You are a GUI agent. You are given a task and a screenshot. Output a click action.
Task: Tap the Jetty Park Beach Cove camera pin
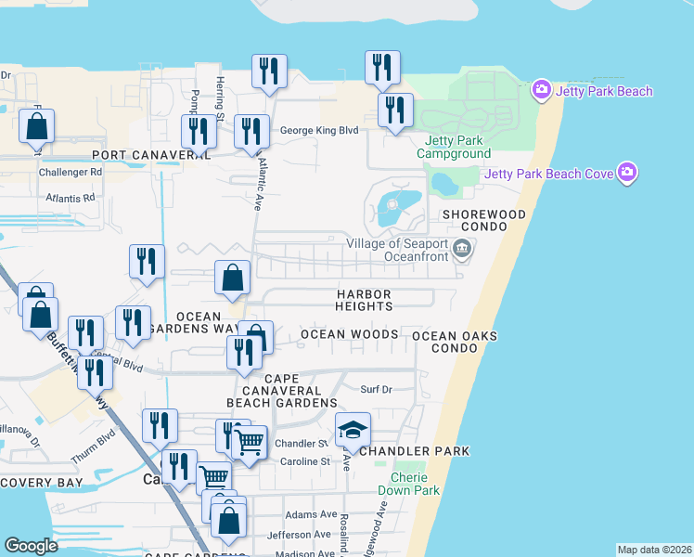628,173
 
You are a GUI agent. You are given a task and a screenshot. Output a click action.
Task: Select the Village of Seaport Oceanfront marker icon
463,250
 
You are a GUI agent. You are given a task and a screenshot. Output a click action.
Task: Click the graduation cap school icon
353,430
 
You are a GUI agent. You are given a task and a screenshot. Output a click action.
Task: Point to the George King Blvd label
319,132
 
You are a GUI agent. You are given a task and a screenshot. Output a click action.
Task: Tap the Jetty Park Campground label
453,147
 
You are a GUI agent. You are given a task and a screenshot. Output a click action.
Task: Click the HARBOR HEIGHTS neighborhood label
364,300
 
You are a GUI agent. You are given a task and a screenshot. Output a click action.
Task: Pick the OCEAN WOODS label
349,334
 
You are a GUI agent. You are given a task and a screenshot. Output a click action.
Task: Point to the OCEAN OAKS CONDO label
455,342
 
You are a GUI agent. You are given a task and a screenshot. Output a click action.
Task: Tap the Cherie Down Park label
402,484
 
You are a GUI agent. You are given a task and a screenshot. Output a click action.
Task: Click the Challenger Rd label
71,173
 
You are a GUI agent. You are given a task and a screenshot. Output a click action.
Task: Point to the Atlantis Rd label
71,198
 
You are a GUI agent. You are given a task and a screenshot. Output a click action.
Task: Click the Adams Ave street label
312,513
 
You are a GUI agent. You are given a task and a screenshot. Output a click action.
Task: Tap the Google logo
32,546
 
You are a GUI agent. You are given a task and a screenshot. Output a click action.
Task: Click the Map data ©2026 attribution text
653,550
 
